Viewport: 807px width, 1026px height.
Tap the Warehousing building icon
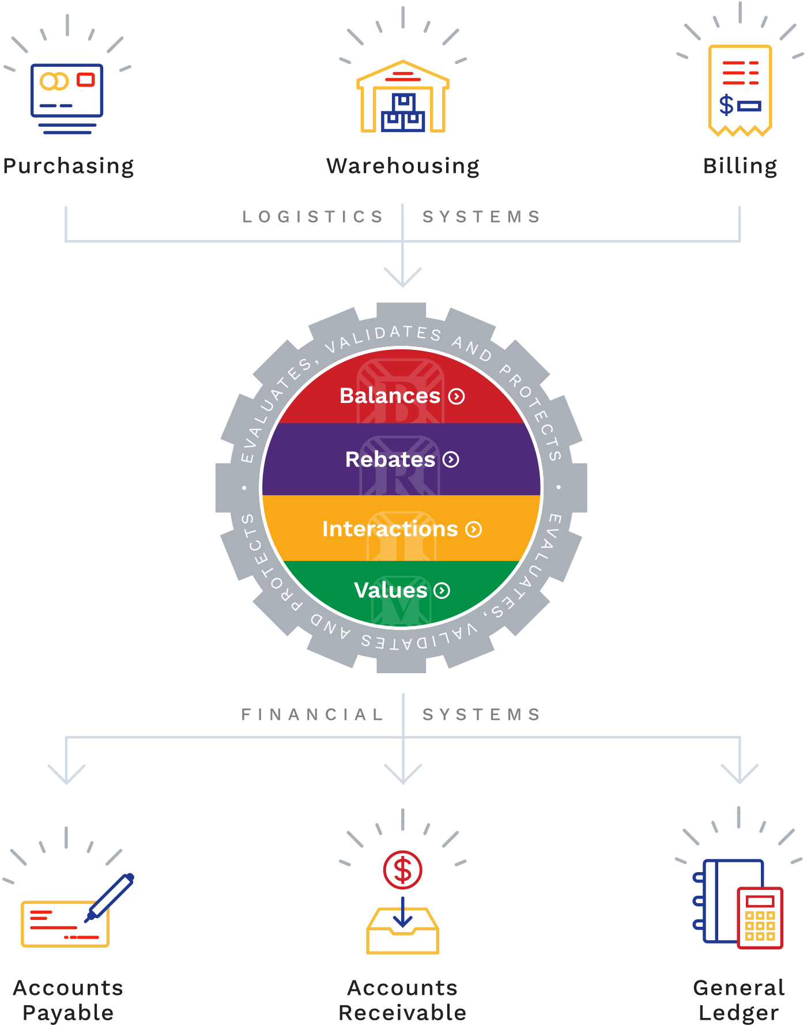pyautogui.click(x=403, y=96)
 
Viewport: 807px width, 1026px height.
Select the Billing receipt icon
pyautogui.click(x=740, y=90)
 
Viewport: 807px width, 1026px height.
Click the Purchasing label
pyautogui.click(x=69, y=167)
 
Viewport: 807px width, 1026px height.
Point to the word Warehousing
pyautogui.click(x=403, y=167)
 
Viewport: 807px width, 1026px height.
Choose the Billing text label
pyautogui.click(x=740, y=167)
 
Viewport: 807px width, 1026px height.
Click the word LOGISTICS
pyautogui.click(x=312, y=217)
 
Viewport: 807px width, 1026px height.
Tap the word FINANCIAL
pyautogui.click(x=312, y=715)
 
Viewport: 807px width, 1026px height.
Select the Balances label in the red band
pyautogui.click(x=390, y=396)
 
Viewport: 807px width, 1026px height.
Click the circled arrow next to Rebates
pyautogui.click(x=451, y=459)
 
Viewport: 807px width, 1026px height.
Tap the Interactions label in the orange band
pyautogui.click(x=390, y=529)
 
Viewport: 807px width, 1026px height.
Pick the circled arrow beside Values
pyautogui.click(x=442, y=590)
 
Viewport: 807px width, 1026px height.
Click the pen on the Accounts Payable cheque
pyautogui.click(x=110, y=897)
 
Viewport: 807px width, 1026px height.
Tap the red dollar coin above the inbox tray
pyautogui.click(x=403, y=870)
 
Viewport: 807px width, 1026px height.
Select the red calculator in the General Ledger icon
pyautogui.click(x=760, y=918)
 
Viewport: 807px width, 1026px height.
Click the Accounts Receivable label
pyautogui.click(x=402, y=1000)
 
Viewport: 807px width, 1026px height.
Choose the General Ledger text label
pyautogui.click(x=739, y=1000)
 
